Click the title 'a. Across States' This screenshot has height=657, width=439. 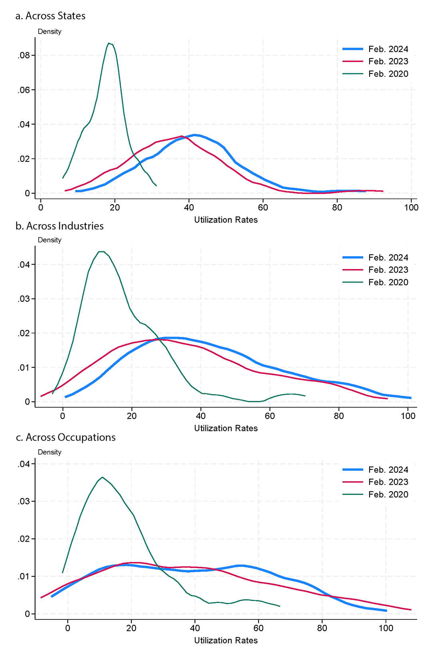(x=50, y=16)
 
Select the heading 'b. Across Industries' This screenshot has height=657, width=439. (x=59, y=226)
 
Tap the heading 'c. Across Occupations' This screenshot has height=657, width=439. (x=65, y=438)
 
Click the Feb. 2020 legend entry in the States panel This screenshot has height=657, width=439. (x=388, y=74)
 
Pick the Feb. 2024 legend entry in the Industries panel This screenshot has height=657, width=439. (x=388, y=258)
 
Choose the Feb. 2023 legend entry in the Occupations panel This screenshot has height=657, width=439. (x=388, y=482)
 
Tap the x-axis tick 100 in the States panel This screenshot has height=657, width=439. (x=411, y=207)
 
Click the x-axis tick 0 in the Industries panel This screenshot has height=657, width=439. (x=63, y=416)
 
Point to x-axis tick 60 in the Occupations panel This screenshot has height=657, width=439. (x=259, y=628)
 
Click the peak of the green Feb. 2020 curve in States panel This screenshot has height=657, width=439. (x=109, y=43)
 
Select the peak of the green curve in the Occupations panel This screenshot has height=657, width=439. (x=102, y=477)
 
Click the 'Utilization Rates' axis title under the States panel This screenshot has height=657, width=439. (x=226, y=220)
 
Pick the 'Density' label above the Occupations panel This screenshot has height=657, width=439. (x=49, y=452)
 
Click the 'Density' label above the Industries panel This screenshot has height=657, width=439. (x=49, y=240)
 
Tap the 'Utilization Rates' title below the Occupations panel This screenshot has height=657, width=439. (x=226, y=641)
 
